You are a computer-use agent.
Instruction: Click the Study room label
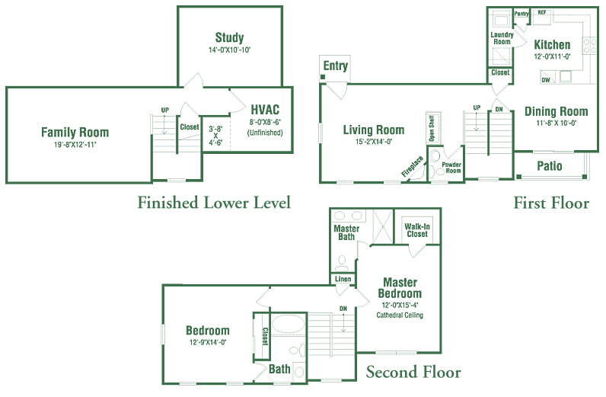pyautogui.click(x=229, y=37)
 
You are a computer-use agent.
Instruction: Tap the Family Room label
pyautogui.click(x=75, y=132)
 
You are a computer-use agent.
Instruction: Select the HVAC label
pyautogui.click(x=264, y=108)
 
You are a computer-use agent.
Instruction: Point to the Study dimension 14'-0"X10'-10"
pyautogui.click(x=229, y=50)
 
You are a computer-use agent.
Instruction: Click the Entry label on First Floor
pyautogui.click(x=335, y=66)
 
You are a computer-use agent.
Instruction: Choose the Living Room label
pyautogui.click(x=373, y=130)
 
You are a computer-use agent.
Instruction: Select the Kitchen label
pyautogui.click(x=552, y=44)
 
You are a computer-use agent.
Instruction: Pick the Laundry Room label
pyautogui.click(x=502, y=37)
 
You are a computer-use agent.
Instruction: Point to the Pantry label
pyautogui.click(x=521, y=14)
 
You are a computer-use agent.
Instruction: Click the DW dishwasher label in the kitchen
pyautogui.click(x=546, y=79)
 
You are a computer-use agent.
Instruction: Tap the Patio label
pyautogui.click(x=550, y=165)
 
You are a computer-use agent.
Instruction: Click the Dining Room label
pyautogui.click(x=557, y=112)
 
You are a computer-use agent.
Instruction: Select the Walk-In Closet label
pyautogui.click(x=416, y=229)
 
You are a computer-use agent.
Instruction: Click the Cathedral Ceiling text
pyautogui.click(x=400, y=315)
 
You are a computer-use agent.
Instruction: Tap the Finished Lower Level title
pyautogui.click(x=214, y=203)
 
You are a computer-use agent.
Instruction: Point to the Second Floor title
pyautogui.click(x=413, y=372)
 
